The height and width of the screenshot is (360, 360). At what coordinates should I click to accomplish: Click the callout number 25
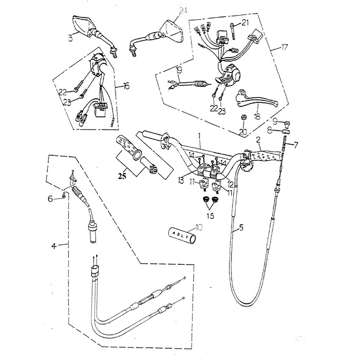click(122, 176)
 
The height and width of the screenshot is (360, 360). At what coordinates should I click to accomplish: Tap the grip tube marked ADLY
click(180, 237)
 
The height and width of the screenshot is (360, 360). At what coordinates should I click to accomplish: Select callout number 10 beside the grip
click(199, 227)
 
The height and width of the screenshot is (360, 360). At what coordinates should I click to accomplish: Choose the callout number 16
click(125, 86)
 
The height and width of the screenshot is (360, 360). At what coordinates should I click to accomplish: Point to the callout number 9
click(275, 121)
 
